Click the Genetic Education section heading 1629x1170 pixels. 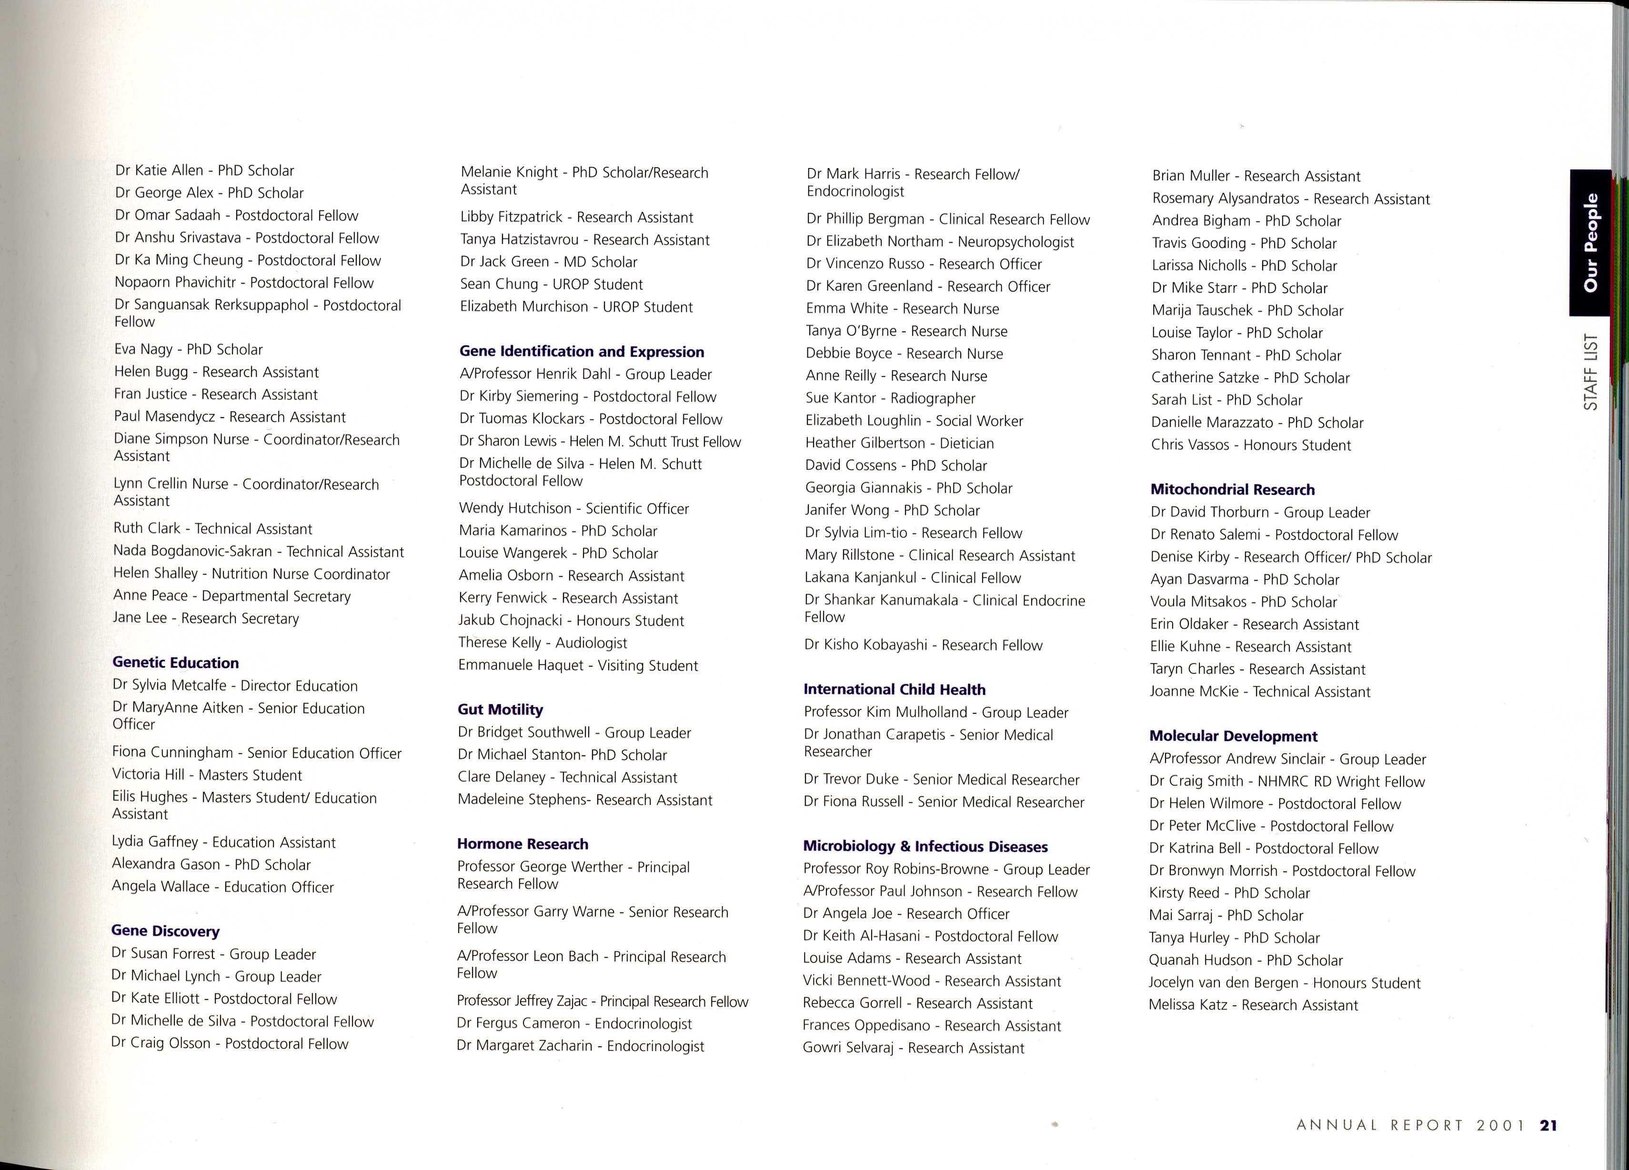click(175, 662)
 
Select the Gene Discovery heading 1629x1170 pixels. click(165, 931)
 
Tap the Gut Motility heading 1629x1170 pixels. click(500, 710)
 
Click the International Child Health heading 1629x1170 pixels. click(894, 690)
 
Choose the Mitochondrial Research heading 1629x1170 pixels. click(1233, 490)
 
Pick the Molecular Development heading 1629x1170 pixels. click(1233, 736)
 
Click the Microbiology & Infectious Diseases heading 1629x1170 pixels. click(925, 847)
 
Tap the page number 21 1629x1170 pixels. click(1549, 1125)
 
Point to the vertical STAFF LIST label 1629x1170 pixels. click(1591, 371)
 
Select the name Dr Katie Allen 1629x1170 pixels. click(160, 170)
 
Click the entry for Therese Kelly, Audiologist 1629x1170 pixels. click(542, 643)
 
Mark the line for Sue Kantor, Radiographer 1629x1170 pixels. click(890, 398)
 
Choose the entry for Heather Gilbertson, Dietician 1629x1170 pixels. click(899, 443)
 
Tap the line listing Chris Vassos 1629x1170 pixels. click(1250, 445)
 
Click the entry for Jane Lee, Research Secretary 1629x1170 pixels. click(205, 619)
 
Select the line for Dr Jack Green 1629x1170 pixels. click(548, 262)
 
